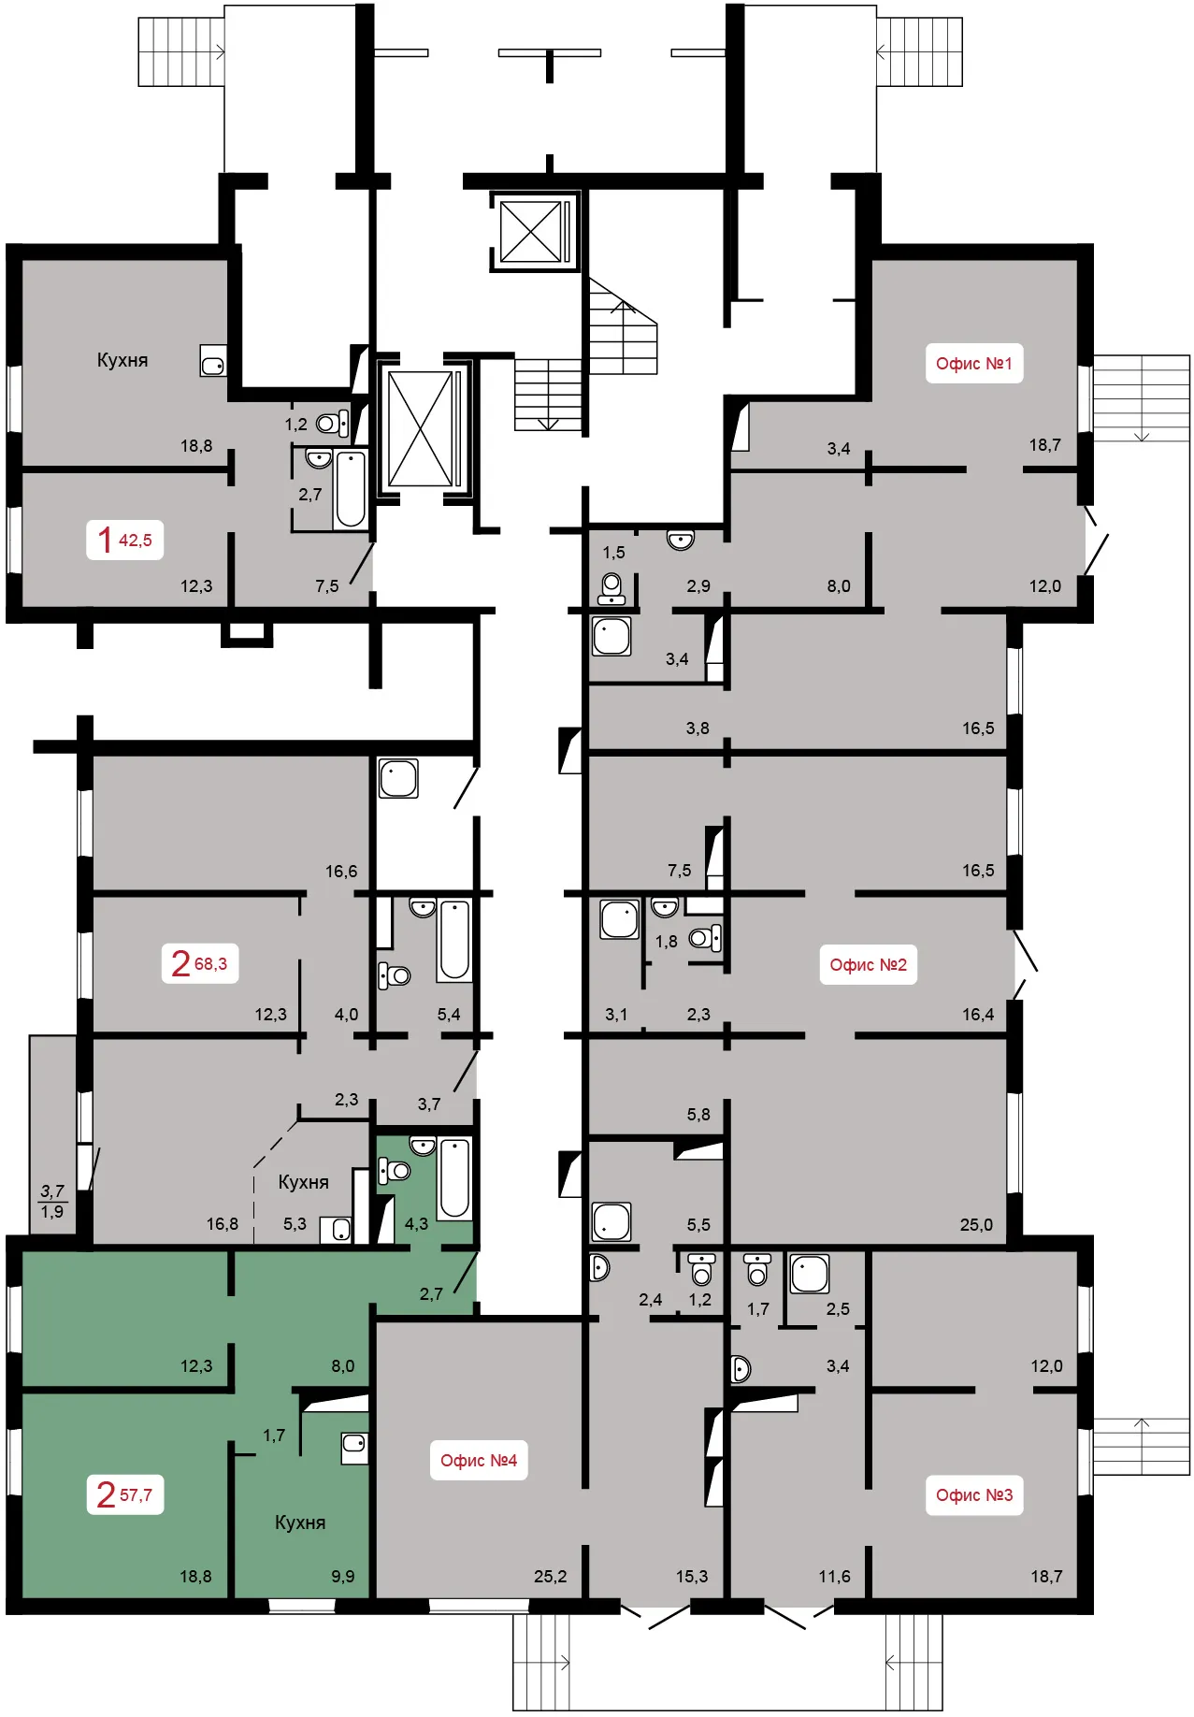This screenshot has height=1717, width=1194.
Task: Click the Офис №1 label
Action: click(973, 364)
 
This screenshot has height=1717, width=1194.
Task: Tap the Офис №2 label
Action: click(868, 965)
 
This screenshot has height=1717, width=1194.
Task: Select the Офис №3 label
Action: click(973, 1494)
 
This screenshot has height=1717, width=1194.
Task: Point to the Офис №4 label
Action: click(478, 1461)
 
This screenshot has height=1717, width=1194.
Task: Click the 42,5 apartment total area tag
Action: click(124, 540)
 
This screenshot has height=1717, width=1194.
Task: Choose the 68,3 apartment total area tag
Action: click(199, 963)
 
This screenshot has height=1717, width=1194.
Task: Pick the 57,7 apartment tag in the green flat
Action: click(124, 1494)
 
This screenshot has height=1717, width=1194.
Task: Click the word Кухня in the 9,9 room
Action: click(300, 1522)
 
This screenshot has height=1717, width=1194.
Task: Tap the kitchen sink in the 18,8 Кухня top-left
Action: click(213, 361)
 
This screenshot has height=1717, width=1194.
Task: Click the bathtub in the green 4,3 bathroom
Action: click(455, 1178)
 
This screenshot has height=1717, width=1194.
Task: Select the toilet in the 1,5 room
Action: click(612, 589)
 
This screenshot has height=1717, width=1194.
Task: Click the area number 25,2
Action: click(551, 1577)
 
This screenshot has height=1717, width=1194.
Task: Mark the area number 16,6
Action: click(341, 872)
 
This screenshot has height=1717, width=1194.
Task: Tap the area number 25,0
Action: click(976, 1225)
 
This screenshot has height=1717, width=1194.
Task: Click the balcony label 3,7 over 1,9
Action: click(52, 1202)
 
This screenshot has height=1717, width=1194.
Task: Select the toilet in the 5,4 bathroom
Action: click(395, 975)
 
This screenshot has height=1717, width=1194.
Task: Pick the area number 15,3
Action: click(692, 1577)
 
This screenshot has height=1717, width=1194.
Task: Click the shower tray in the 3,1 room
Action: click(619, 919)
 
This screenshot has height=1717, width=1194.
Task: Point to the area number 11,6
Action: click(835, 1577)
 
